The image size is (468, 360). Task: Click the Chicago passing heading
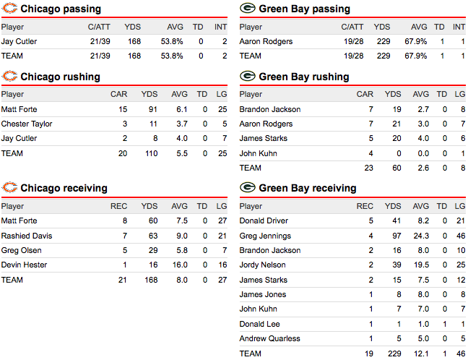61,9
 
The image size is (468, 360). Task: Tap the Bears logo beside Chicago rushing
10,77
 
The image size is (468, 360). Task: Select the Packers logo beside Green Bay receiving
247,188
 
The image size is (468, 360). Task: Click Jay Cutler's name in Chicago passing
19,42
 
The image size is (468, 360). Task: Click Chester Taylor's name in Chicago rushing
27,124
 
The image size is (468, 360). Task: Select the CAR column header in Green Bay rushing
365,95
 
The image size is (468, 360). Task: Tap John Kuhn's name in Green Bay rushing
256,153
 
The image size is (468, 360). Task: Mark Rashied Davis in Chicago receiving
27,236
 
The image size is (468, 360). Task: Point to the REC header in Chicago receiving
118,206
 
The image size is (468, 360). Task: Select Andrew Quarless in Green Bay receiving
269,339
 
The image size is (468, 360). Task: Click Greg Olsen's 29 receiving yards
152,250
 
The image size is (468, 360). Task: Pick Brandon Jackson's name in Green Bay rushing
269,109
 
